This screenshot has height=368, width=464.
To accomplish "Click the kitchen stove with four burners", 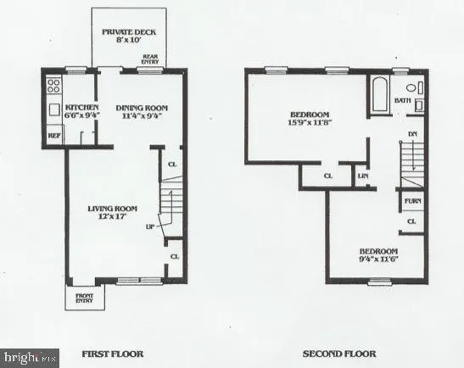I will click(x=54, y=85).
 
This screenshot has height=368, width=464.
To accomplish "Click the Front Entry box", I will click(x=84, y=298).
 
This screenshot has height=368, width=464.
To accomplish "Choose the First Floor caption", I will click(x=111, y=353).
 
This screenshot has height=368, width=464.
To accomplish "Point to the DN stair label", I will click(x=411, y=133).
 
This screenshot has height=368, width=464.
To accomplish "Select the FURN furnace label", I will click(x=412, y=201).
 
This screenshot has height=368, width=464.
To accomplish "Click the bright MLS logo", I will click(x=30, y=358).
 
